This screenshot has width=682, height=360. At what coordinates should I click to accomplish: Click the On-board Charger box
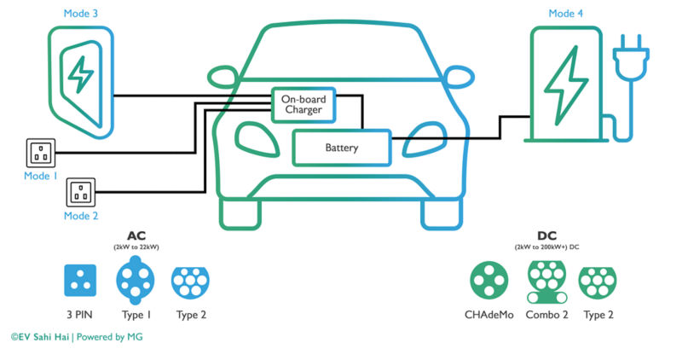pos(303,105)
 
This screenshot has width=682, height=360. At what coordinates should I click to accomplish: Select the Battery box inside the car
pos(341,148)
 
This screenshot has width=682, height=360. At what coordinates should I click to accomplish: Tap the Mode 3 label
pos(80,14)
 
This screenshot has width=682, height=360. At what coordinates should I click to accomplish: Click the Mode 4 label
pos(566,14)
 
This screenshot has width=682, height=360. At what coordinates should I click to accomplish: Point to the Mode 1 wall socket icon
pos(40,154)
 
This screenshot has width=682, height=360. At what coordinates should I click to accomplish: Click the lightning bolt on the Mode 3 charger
pos(80,74)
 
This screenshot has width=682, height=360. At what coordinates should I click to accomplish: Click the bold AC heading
pos(136,235)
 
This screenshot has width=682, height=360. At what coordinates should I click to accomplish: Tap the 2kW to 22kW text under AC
pos(136,247)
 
